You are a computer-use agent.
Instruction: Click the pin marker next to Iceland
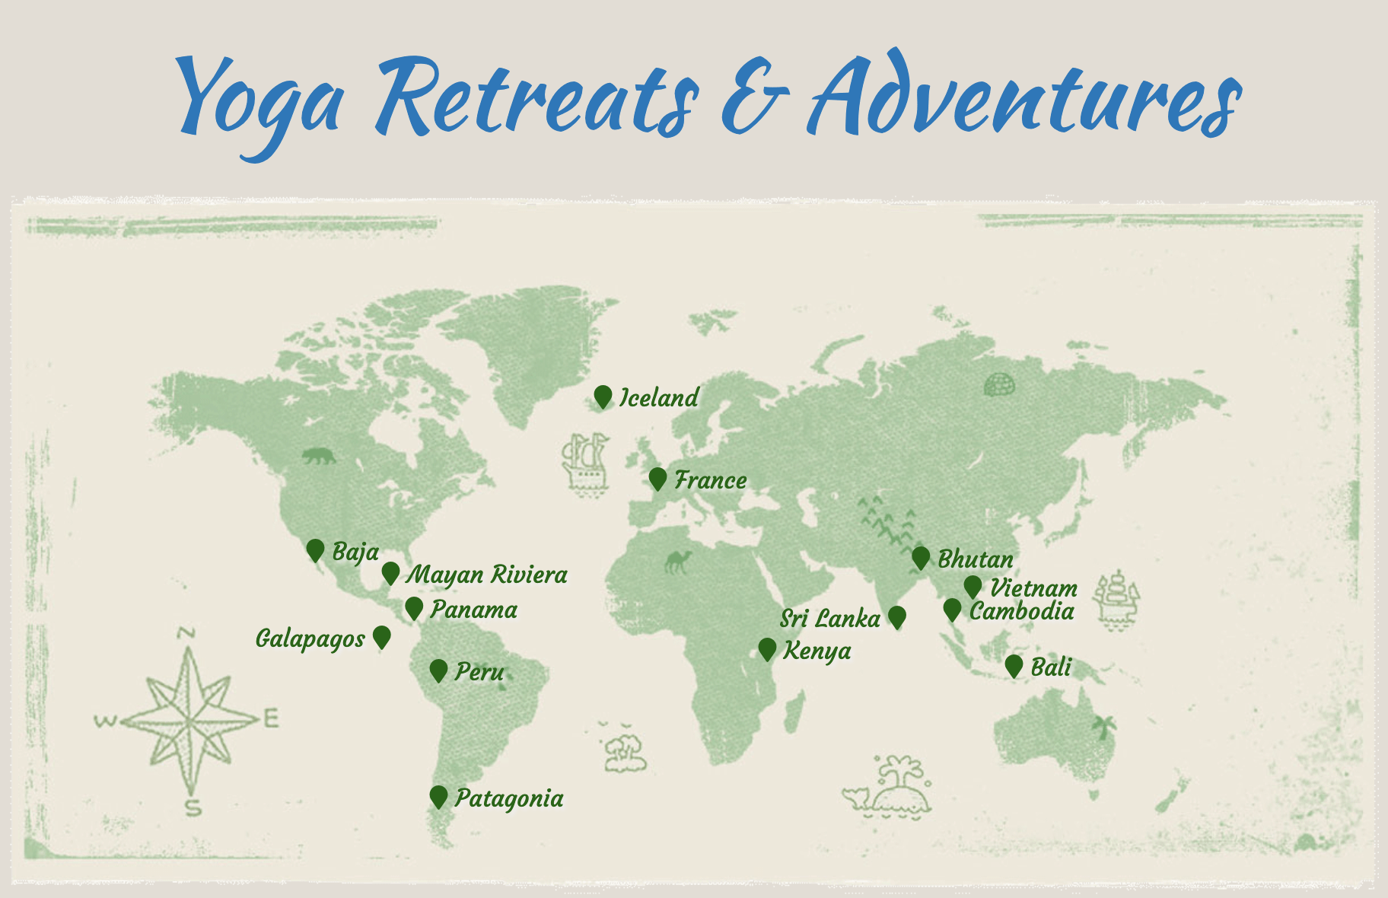tap(603, 396)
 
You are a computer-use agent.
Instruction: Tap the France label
tap(710, 480)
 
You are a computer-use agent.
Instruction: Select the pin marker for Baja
tap(315, 550)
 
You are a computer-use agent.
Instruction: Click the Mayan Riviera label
tap(486, 575)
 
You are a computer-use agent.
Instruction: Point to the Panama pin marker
tap(414, 608)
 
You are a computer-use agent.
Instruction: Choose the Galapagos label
tap(310, 638)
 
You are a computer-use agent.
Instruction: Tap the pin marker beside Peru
tap(438, 670)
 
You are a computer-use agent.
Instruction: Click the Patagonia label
tap(509, 798)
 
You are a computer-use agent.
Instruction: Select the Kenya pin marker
tap(767, 649)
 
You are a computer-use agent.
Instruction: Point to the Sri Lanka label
tap(829, 618)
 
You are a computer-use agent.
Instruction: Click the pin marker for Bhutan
tap(921, 558)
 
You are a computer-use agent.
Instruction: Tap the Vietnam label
tap(1033, 588)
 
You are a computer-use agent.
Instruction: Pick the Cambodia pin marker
tap(952, 610)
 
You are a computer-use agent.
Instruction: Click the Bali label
tap(1050, 667)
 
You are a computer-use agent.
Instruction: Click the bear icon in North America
tap(318, 457)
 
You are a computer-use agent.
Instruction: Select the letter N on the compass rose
tap(187, 633)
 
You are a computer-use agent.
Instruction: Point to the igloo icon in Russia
tap(999, 385)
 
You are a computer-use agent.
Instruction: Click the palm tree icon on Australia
tap(1103, 727)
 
